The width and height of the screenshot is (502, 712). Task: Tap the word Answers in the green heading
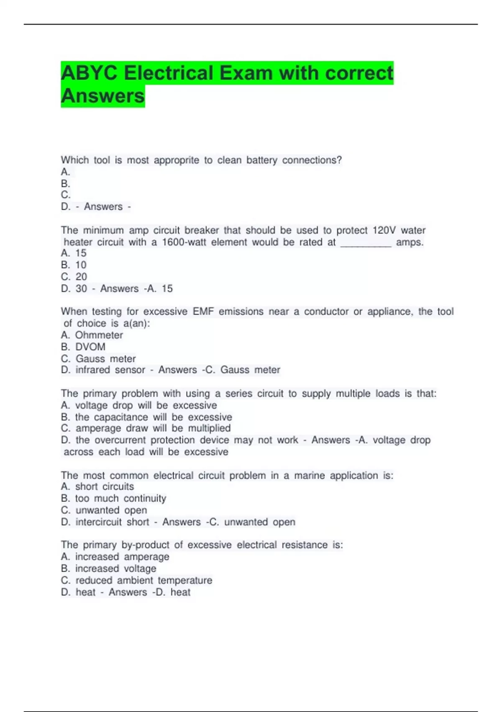(x=103, y=96)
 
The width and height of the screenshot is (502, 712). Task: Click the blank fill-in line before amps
(x=366, y=243)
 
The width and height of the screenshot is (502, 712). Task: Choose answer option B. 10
(x=74, y=265)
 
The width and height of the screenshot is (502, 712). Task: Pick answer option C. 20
(x=74, y=277)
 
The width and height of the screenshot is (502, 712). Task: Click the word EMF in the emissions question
(x=203, y=312)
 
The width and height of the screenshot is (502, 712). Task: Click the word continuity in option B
(x=145, y=498)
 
